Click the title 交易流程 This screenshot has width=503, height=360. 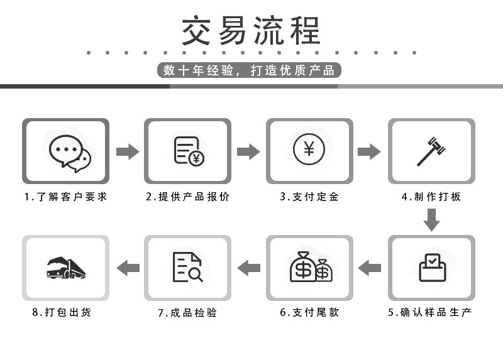(x=251, y=30)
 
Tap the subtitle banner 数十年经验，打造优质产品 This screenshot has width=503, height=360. (x=249, y=70)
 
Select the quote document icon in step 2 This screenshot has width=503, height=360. (x=188, y=151)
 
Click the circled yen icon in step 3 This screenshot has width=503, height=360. (x=309, y=150)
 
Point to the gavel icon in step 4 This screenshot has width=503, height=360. (x=431, y=151)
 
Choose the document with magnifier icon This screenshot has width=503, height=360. (x=187, y=267)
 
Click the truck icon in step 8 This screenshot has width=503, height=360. (x=66, y=268)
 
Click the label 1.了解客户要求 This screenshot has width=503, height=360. (x=66, y=197)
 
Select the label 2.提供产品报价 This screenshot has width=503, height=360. (x=188, y=197)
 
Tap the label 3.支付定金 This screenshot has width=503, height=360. (x=309, y=197)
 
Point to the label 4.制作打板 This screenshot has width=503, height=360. (x=431, y=197)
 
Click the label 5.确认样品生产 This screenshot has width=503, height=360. (x=430, y=312)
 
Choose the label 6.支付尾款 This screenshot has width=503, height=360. (x=309, y=312)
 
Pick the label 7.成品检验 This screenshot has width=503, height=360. (x=187, y=312)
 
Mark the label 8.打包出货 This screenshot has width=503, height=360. (x=62, y=312)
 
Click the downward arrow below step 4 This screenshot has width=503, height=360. (x=431, y=219)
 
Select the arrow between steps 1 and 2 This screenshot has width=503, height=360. (x=128, y=151)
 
